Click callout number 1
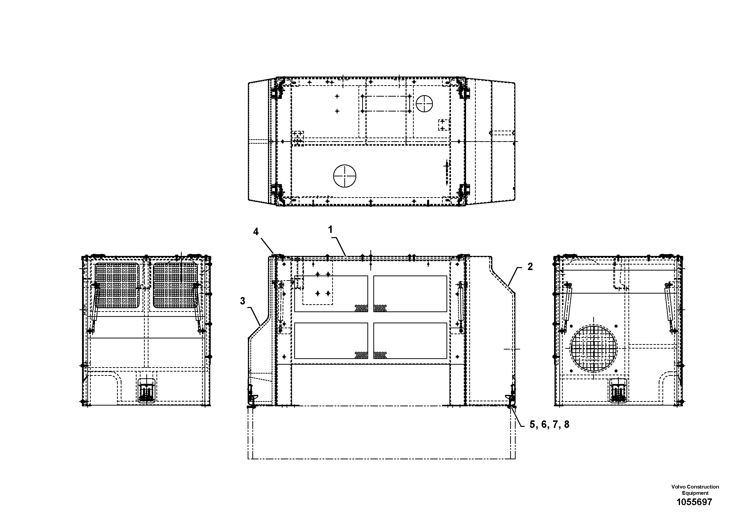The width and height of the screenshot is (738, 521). (x=330, y=230)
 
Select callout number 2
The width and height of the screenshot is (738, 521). (x=530, y=267)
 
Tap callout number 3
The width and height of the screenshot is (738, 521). (x=243, y=301)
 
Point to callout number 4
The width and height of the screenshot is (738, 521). (x=256, y=232)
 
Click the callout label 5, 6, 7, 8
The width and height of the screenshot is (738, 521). (x=549, y=425)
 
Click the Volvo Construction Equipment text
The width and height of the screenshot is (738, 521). (x=695, y=490)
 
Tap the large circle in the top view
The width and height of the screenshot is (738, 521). (x=345, y=176)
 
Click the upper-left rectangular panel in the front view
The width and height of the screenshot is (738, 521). (x=331, y=294)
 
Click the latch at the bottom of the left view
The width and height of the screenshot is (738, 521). (x=147, y=391)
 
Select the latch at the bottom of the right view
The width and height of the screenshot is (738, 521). (x=618, y=391)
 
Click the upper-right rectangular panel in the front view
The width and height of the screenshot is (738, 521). (x=410, y=294)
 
